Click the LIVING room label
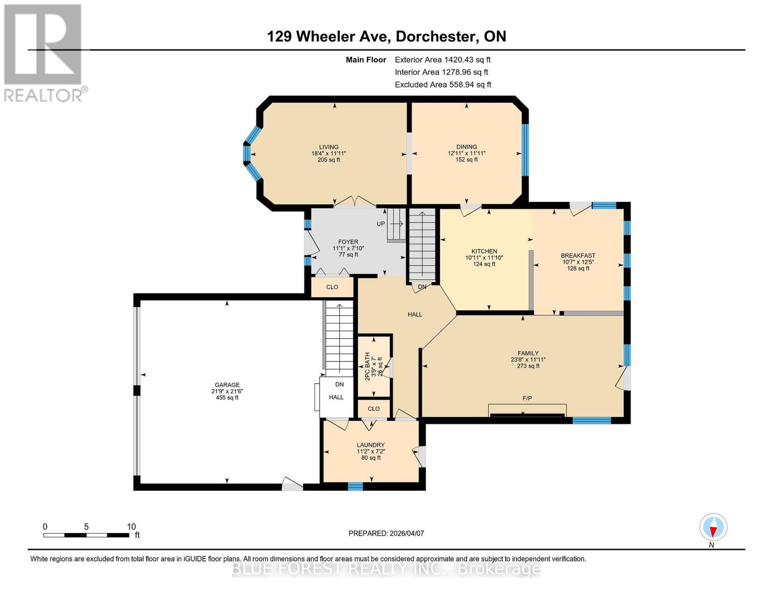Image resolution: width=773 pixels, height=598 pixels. coord(329,147)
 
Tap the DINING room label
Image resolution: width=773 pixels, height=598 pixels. coord(466,147)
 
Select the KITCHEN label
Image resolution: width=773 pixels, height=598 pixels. coord(484,252)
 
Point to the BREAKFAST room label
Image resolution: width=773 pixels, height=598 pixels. coord(578,256)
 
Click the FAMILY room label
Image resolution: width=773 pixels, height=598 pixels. coord(528,353)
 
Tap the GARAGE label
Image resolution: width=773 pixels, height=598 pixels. coord(227,385)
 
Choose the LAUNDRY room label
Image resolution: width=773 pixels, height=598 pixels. coord(371,445)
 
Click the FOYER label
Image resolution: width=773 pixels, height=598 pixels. coord(348,242)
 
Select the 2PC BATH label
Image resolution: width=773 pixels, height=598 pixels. coord(367,366)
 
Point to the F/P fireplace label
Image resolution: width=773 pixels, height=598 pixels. coord(527,398)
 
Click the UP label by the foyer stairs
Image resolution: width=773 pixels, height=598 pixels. coord(381,224)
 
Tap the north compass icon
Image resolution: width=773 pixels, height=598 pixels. coord(713,527)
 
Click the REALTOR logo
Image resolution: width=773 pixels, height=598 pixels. coord(44,52)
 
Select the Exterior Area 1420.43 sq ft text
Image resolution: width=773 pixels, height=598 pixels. coord(442,60)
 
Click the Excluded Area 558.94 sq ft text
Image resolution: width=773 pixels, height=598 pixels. coord(443,85)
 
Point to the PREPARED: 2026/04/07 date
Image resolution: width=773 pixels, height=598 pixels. coord(386,533)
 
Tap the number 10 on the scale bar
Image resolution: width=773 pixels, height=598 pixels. coord(131,527)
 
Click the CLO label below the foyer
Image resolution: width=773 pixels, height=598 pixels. coord(332,287)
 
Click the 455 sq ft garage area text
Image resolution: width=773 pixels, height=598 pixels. coord(227,398)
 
